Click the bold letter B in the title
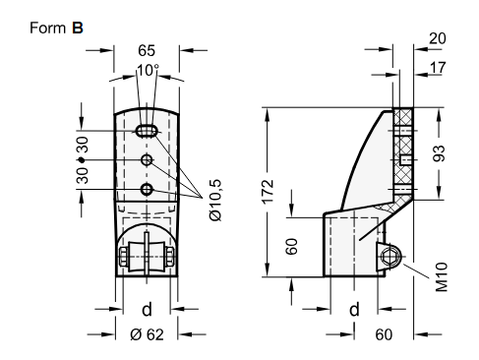[x=78, y=28]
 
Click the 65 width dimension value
[x=147, y=50]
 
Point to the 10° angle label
[x=148, y=71]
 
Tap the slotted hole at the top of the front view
[x=147, y=131]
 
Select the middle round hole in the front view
[x=147, y=160]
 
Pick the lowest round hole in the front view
[x=147, y=190]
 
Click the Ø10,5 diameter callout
[x=215, y=200]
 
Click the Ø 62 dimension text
[x=147, y=334]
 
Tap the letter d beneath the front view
[x=147, y=309]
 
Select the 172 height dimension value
[x=268, y=192]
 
